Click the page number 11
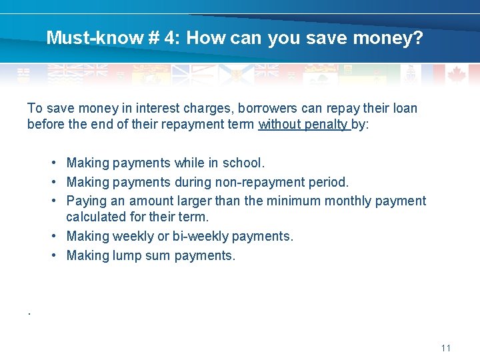pyautogui.click(x=446, y=348)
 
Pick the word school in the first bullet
pyautogui.click(x=245, y=163)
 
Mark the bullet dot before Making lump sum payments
pyautogui.click(x=52, y=255)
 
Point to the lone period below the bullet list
pyautogui.click(x=29, y=311)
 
